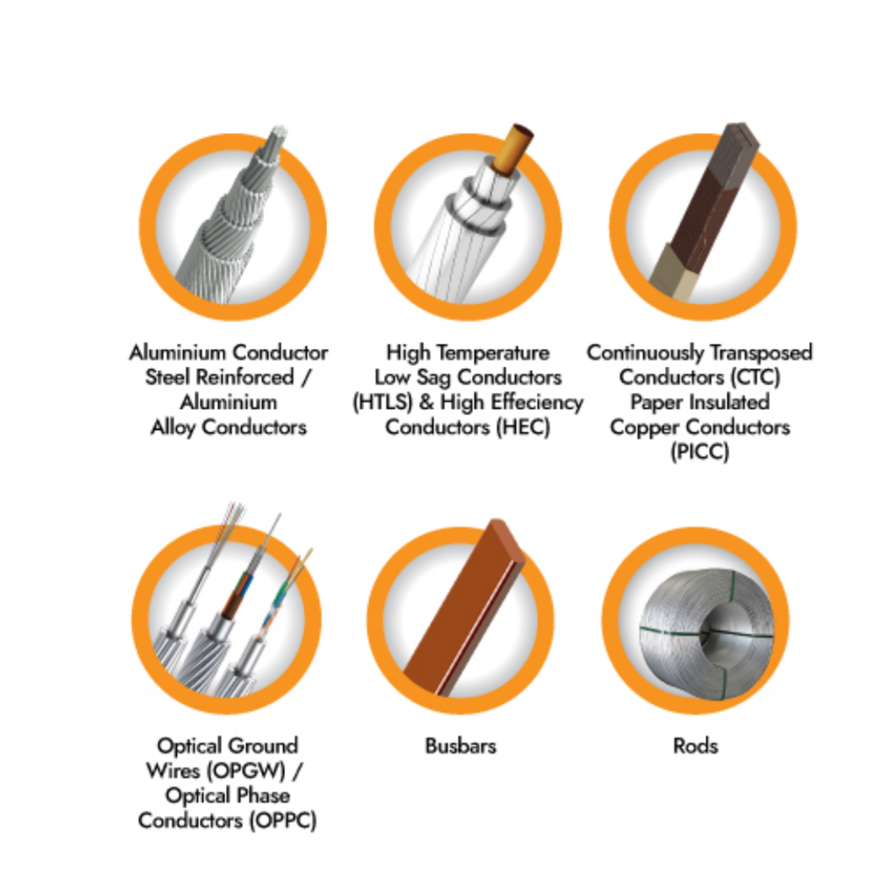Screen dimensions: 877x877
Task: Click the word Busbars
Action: pos(460,746)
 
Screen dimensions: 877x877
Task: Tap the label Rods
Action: pos(695,746)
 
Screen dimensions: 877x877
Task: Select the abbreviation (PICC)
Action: pos(700,452)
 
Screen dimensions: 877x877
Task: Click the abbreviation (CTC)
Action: pos(755,377)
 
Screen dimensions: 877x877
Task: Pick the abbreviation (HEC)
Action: pos(523,427)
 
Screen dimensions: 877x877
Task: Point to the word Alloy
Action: pos(173,428)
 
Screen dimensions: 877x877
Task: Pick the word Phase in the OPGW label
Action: pos(263,796)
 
